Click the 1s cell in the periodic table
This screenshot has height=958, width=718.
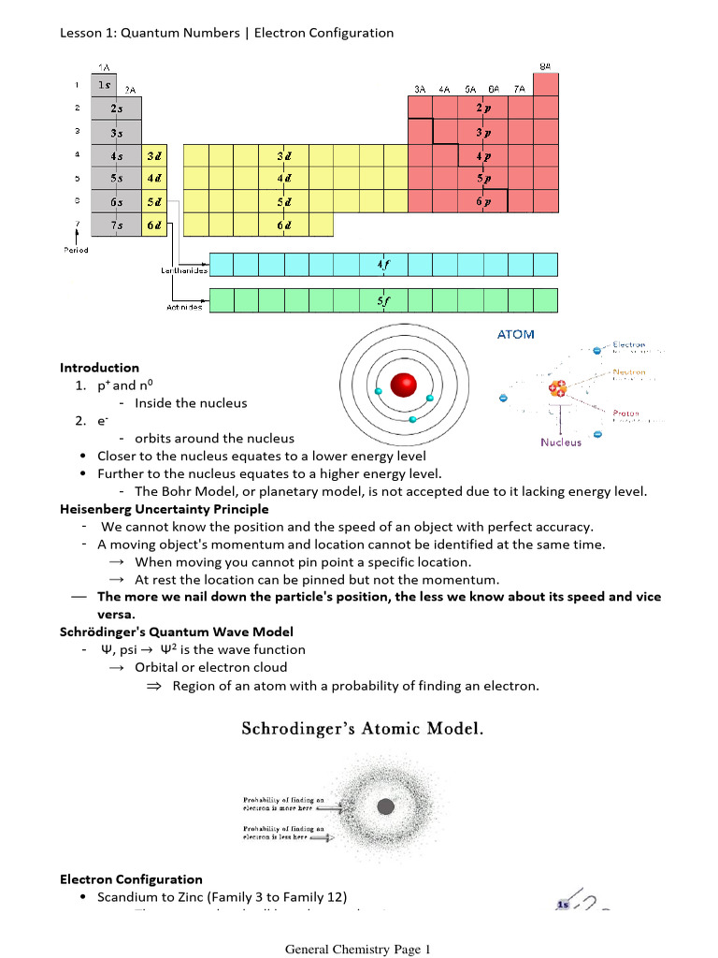(105, 85)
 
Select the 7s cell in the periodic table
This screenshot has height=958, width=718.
(117, 225)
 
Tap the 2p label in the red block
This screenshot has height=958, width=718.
(482, 109)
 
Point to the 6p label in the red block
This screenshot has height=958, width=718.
(482, 201)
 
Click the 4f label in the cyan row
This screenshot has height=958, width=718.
(383, 265)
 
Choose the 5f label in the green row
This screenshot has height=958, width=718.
(383, 300)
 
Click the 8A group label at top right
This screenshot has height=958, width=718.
(545, 65)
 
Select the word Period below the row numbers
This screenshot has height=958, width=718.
(77, 250)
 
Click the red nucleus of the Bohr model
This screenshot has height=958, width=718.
(404, 385)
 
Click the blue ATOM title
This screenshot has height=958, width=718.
(515, 334)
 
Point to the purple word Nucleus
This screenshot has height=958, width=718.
(560, 443)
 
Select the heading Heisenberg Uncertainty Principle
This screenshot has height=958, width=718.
(165, 509)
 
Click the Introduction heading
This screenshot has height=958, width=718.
(99, 368)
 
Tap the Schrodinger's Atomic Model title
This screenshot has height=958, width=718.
(363, 728)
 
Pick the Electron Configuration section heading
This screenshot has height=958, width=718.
(131, 879)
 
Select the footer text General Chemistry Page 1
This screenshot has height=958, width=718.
(358, 949)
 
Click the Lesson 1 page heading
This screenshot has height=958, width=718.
(226, 33)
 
